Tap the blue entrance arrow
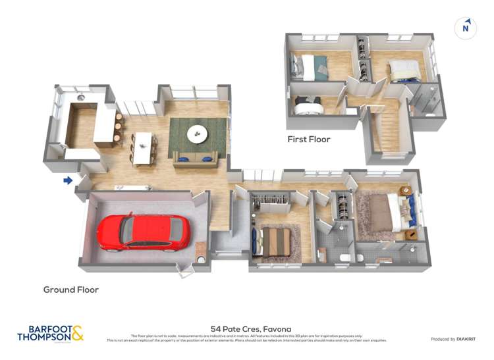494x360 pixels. (x=67, y=180)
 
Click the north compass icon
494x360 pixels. (x=466, y=28)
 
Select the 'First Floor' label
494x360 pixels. (x=308, y=140)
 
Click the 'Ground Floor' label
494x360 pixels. (x=70, y=290)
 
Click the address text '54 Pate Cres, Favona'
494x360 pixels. (x=250, y=328)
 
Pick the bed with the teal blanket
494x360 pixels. (x=309, y=66)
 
